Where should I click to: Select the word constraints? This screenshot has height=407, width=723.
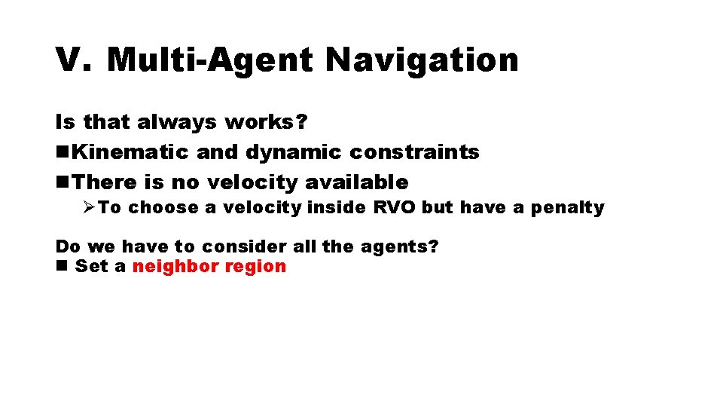414,152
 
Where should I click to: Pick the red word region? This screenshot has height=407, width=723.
259,267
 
